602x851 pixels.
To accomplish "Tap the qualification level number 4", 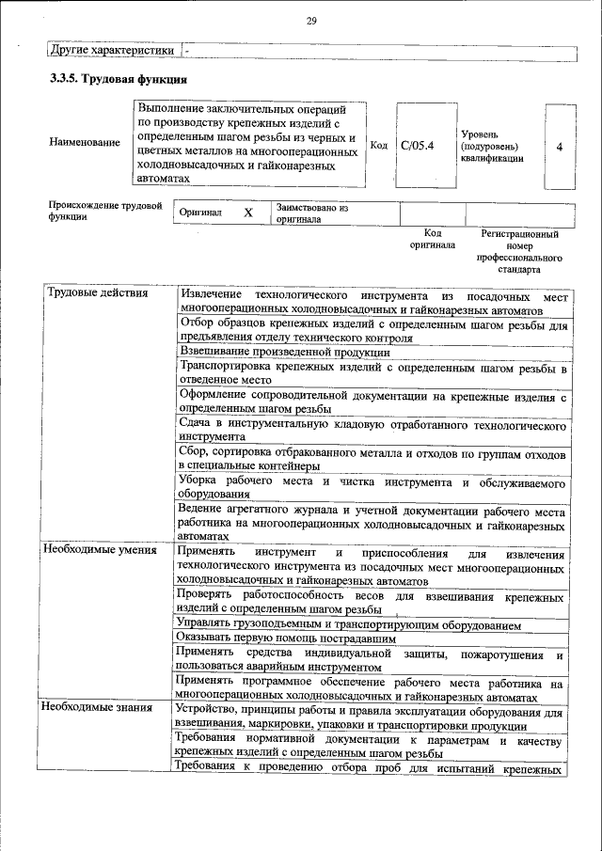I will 560,147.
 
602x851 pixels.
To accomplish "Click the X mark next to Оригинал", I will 248,213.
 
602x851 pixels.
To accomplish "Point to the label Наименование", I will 85,142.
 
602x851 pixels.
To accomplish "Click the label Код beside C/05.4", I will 379,146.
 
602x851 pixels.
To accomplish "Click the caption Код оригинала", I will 433,238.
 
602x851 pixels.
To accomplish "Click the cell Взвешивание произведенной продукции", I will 284,352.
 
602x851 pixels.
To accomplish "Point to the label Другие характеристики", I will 112,49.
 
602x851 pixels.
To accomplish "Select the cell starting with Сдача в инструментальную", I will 372,431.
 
